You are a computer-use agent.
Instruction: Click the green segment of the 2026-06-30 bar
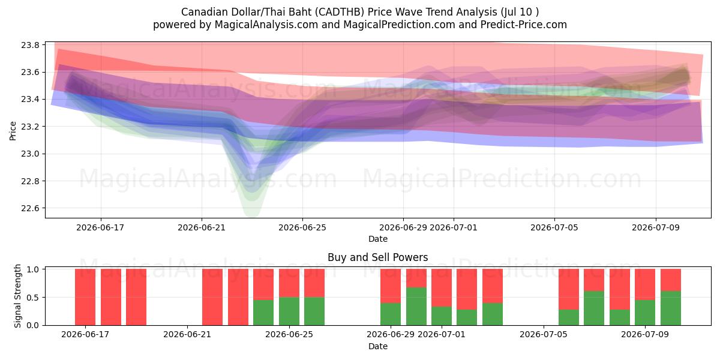pyautogui.click(x=416, y=306)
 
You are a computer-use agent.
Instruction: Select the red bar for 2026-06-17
pyautogui.click(x=85, y=297)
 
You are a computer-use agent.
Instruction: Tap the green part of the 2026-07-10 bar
pyautogui.click(x=671, y=308)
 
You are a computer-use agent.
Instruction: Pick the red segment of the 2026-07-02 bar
pyautogui.click(x=467, y=289)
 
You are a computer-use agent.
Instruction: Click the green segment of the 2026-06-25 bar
pyautogui.click(x=289, y=311)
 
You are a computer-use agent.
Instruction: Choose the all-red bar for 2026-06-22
pyautogui.click(x=212, y=297)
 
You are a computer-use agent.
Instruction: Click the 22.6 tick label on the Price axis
pyautogui.click(x=30, y=208)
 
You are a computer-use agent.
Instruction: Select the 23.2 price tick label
pyautogui.click(x=30, y=127)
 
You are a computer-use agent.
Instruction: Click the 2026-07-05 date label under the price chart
pyautogui.click(x=554, y=227)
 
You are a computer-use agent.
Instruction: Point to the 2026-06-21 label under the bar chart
pyautogui.click(x=187, y=335)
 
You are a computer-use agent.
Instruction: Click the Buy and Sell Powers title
pyautogui.click(x=377, y=257)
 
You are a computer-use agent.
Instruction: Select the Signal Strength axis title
pyautogui.click(x=17, y=296)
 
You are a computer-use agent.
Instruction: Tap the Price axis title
pyautogui.click(x=13, y=131)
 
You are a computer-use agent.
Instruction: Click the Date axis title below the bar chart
pyautogui.click(x=377, y=347)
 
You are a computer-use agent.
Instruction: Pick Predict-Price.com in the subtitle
pyautogui.click(x=524, y=25)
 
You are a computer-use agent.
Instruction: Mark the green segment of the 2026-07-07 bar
pyautogui.click(x=594, y=308)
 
